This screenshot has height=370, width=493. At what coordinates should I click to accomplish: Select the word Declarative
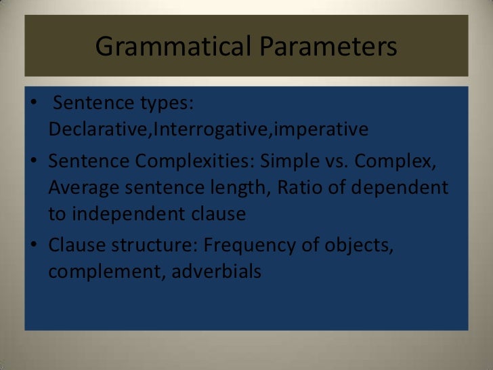click(100, 129)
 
